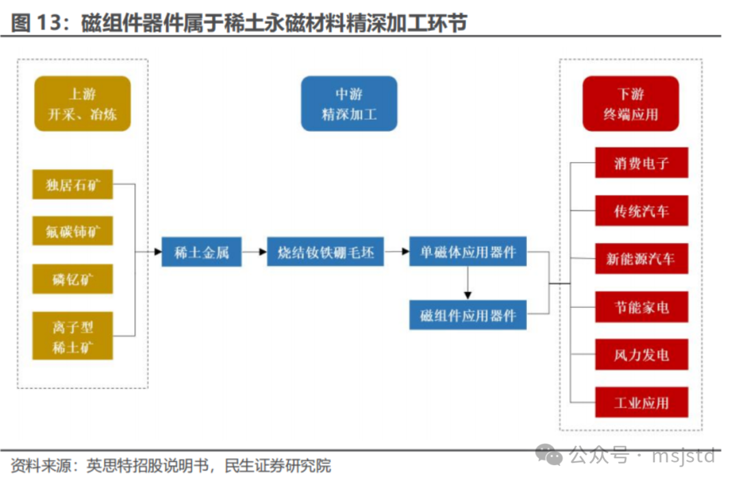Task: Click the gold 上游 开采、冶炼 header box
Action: (x=83, y=104)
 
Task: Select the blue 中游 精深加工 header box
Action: (x=349, y=104)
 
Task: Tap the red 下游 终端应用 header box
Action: (x=631, y=104)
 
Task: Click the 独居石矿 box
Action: (x=73, y=184)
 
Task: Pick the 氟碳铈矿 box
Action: (x=73, y=231)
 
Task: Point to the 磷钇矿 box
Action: (x=73, y=279)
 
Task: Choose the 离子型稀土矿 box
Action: (x=73, y=336)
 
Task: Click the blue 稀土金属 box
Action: (x=202, y=252)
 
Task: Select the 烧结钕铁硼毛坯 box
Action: (x=325, y=252)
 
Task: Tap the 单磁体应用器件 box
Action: (x=467, y=252)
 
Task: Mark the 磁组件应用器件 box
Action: (x=467, y=315)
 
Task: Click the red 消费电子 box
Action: (x=641, y=163)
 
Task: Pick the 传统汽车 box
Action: (x=641, y=211)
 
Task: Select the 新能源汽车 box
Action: (x=641, y=259)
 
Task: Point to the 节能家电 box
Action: (x=641, y=307)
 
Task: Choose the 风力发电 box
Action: (x=641, y=354)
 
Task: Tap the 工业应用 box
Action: (x=641, y=402)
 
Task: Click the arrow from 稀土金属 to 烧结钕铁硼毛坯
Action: (x=255, y=252)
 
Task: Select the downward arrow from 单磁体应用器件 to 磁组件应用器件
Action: (x=467, y=283)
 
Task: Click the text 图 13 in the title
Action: (x=36, y=23)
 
